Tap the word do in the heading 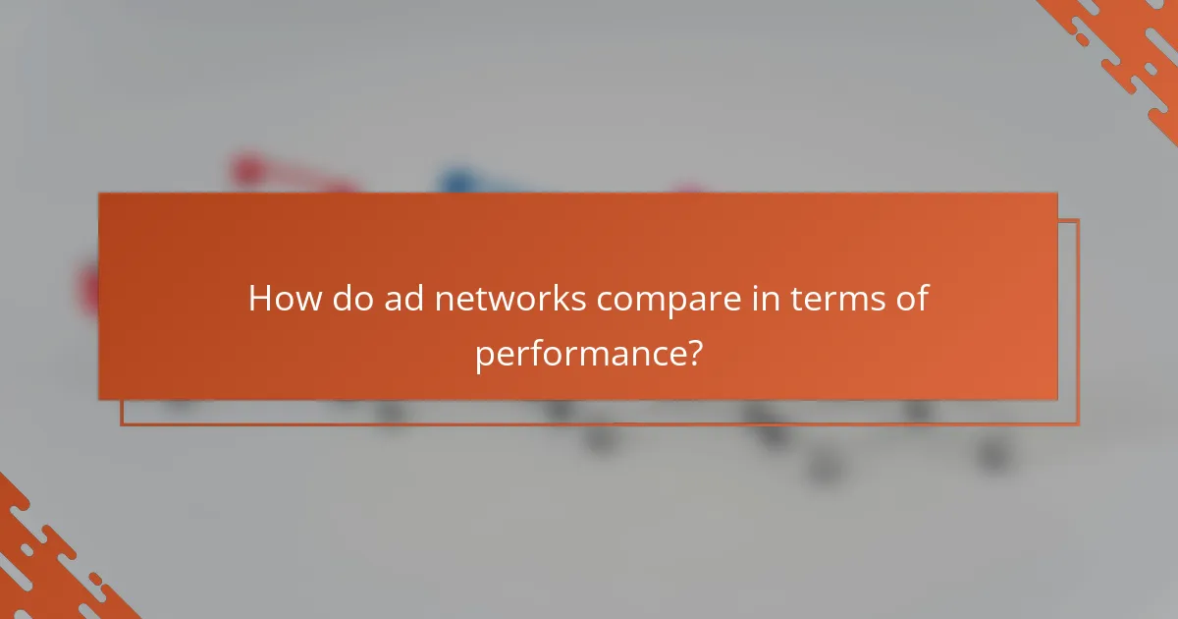(x=348, y=298)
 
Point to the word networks (x=509, y=298)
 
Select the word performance (x=578, y=353)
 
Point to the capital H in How (x=260, y=298)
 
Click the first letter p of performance (x=484, y=355)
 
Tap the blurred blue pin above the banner (x=456, y=181)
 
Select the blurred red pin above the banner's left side (x=248, y=170)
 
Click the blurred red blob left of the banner (x=90, y=289)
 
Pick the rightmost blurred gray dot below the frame (x=994, y=453)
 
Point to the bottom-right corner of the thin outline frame (x=1078, y=424)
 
